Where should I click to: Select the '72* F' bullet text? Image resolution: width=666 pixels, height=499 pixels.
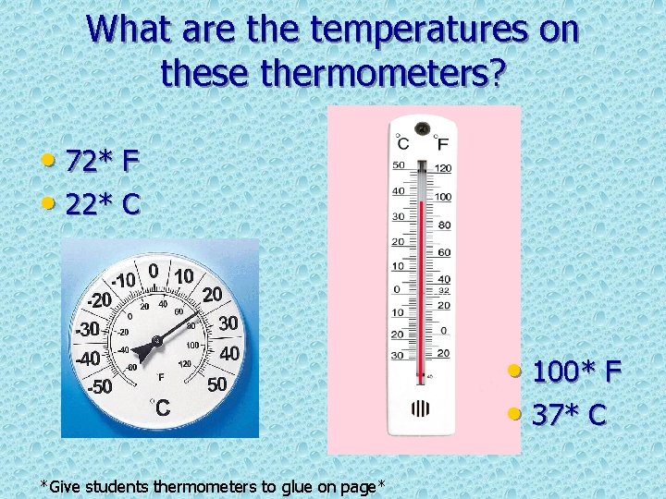(102, 162)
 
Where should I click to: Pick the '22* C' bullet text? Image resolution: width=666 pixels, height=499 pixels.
(102, 203)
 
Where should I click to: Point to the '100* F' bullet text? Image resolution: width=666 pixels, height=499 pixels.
(575, 373)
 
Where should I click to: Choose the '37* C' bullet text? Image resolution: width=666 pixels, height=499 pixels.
(568, 415)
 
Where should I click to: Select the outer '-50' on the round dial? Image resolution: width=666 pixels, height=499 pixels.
(99, 386)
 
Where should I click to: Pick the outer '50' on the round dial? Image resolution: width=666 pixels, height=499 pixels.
(217, 383)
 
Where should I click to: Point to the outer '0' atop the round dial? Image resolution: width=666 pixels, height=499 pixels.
(153, 272)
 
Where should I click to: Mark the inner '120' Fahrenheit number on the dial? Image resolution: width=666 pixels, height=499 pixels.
(185, 365)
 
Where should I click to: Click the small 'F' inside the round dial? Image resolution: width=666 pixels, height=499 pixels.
(161, 377)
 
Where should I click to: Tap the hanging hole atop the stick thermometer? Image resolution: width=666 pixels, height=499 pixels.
(423, 128)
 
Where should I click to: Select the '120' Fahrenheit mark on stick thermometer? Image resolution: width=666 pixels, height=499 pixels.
(444, 168)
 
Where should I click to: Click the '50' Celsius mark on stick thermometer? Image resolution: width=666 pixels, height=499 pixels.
(399, 165)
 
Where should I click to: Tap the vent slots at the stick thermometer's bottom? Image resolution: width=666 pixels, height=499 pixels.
(421, 407)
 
